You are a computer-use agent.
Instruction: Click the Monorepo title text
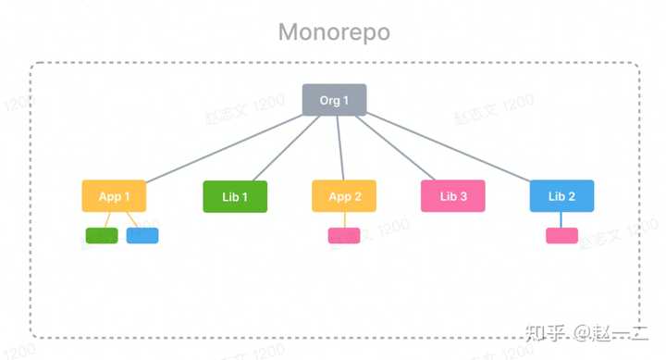pyautogui.click(x=334, y=32)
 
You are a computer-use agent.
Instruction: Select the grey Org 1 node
pyautogui.click(x=335, y=100)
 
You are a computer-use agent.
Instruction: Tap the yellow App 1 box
pyautogui.click(x=114, y=196)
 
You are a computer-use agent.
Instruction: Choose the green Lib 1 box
pyautogui.click(x=235, y=196)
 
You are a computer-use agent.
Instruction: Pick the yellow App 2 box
pyautogui.click(x=344, y=196)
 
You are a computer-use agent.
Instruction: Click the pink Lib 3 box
pyautogui.click(x=453, y=196)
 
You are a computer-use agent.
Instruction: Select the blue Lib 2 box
pyautogui.click(x=561, y=196)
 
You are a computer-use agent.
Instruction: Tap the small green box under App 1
pyautogui.click(x=101, y=235)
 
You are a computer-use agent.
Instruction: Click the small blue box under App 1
pyautogui.click(x=142, y=235)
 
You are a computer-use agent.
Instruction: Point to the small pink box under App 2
pyautogui.click(x=344, y=235)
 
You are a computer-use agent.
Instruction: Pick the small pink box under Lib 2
pyautogui.click(x=561, y=235)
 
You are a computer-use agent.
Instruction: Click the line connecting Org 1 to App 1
pyautogui.click(x=222, y=148)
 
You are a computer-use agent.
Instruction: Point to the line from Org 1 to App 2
pyautogui.click(x=339, y=148)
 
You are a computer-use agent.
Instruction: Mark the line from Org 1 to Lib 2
pyautogui.click(x=453, y=148)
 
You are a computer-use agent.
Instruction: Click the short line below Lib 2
pyautogui.click(x=561, y=219)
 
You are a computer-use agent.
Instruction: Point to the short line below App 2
pyautogui.click(x=344, y=219)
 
